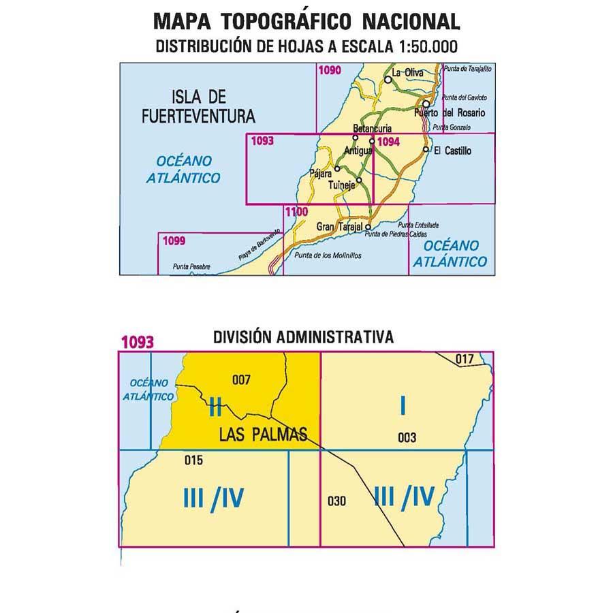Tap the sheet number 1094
point(388,142)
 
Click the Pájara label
point(320,173)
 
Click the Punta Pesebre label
point(191,266)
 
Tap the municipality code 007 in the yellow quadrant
point(242,379)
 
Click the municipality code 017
point(464,359)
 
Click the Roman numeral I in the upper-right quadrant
point(403,407)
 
